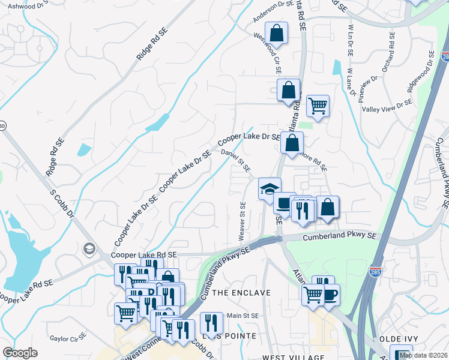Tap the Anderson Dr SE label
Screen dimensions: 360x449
click(273, 11)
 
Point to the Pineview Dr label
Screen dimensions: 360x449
click(367, 89)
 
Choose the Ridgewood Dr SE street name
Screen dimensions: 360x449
click(420, 71)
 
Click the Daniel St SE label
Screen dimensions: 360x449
click(235, 161)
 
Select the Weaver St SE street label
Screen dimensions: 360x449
click(243, 218)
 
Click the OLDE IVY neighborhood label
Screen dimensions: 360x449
click(403, 339)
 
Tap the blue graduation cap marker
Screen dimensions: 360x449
click(270, 188)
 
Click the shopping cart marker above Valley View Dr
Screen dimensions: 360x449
click(318, 106)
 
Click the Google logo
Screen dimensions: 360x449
click(20, 353)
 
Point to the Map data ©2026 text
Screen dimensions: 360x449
click(423, 355)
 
